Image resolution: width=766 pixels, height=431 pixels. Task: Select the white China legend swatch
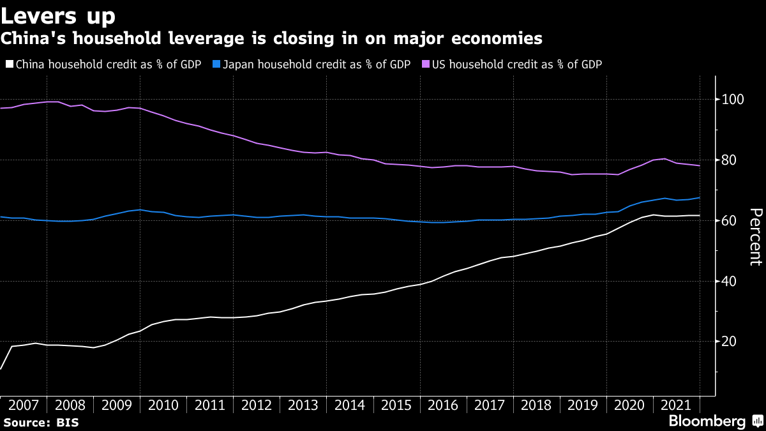coord(9,64)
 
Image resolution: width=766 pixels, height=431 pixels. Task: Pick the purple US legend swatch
coord(426,64)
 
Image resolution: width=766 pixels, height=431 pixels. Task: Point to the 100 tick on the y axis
coord(732,100)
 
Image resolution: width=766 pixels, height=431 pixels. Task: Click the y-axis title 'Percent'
coord(755,236)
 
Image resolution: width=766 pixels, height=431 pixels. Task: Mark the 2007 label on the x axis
coord(24,405)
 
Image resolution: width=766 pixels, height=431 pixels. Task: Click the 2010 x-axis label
coord(163,405)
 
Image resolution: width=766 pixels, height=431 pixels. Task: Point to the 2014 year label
coord(349,405)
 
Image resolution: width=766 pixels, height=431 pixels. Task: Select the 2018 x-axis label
coord(536,405)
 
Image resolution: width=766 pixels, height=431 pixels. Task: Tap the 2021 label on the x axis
coord(675,405)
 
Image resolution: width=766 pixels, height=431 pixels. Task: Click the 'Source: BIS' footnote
coord(41,422)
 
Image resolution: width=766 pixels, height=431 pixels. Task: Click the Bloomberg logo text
coord(707,421)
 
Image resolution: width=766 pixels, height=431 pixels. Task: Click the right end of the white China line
coord(700,215)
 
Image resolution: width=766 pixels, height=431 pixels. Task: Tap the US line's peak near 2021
coord(665,158)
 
